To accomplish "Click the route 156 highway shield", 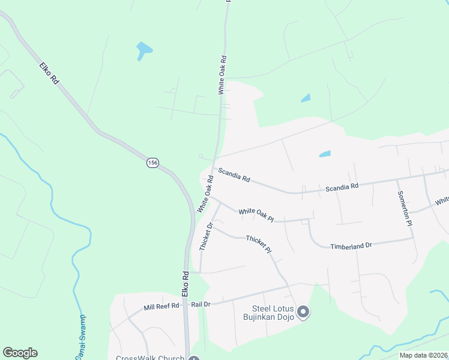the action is (153, 163).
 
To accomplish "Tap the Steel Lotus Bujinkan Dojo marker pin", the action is (303, 311).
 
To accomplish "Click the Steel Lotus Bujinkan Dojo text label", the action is (268, 313).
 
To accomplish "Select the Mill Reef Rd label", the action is (161, 307).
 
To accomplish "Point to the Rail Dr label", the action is (200, 304).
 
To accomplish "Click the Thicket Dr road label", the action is (205, 236).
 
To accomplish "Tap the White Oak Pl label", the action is (256, 215).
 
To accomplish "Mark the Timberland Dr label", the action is (351, 245).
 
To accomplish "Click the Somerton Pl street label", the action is (404, 208).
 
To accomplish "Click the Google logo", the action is (20, 353).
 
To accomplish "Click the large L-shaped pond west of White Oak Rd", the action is (143, 50).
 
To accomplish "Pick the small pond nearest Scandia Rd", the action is (325, 154).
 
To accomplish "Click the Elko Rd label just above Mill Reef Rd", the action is (185, 283).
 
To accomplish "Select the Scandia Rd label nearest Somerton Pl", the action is (342, 187).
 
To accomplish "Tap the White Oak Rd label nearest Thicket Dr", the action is (205, 193).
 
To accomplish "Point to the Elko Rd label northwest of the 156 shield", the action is (49, 73).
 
